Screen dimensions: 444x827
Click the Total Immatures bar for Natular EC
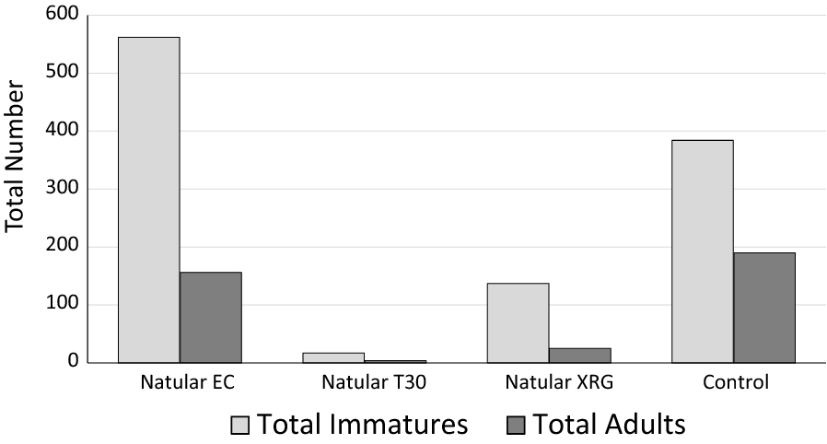tap(148, 200)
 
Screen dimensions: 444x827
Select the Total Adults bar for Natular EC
tap(210, 317)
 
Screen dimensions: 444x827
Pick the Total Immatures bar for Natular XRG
tap(518, 322)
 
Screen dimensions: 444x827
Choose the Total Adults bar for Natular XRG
tap(579, 355)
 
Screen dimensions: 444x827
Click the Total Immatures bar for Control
tap(703, 251)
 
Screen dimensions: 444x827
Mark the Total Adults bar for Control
tap(764, 308)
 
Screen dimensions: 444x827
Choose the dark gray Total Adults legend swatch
tap(515, 425)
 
